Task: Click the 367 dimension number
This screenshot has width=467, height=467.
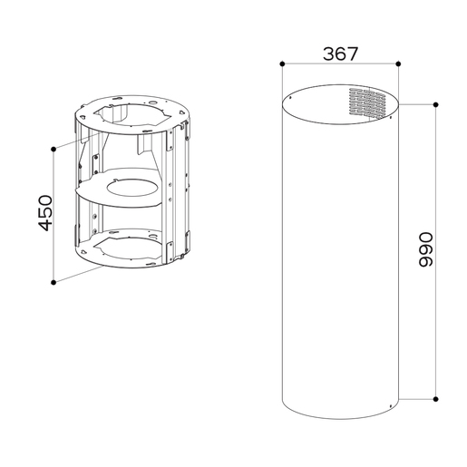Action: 340,54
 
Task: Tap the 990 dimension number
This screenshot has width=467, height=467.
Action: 425,249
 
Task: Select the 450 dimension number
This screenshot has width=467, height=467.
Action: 45,213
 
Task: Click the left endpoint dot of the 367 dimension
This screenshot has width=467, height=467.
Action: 282,63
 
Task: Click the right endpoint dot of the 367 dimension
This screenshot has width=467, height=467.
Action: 398,63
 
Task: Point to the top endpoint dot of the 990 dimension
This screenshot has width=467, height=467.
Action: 435,104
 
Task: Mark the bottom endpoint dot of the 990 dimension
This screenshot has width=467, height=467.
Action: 435,399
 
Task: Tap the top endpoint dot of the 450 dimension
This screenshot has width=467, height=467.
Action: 54,149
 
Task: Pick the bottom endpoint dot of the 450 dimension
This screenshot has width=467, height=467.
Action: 54,282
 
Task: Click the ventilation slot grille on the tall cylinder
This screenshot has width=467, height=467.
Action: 367,102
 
